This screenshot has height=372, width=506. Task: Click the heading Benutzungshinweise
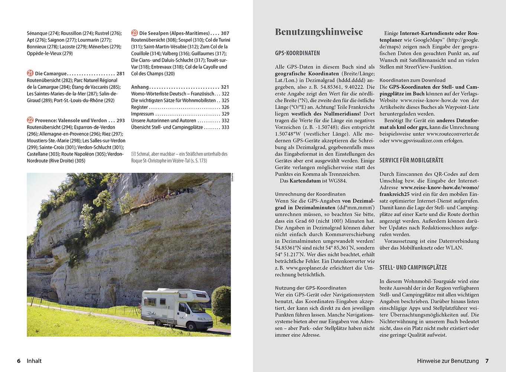point(319,32)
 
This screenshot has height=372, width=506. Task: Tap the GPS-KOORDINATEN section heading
point(297,53)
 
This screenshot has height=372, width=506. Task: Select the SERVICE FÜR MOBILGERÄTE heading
point(411,160)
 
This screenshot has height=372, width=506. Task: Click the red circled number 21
point(30,74)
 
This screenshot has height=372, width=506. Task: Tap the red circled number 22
point(30,120)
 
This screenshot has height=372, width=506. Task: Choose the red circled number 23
point(134,33)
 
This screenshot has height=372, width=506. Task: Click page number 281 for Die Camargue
point(121,74)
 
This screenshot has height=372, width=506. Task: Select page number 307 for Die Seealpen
point(225,33)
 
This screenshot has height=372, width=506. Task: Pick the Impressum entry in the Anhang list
point(142,114)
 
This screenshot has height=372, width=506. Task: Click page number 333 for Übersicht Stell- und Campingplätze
point(225,127)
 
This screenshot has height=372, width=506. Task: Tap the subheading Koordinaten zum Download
point(412,80)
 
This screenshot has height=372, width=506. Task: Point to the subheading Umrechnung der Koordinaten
point(310,194)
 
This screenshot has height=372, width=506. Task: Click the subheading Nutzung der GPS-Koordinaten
point(311,288)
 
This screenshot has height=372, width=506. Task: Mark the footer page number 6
point(19,361)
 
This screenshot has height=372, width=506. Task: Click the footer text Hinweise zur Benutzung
point(448,361)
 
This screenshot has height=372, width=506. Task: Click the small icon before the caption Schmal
point(133,154)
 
